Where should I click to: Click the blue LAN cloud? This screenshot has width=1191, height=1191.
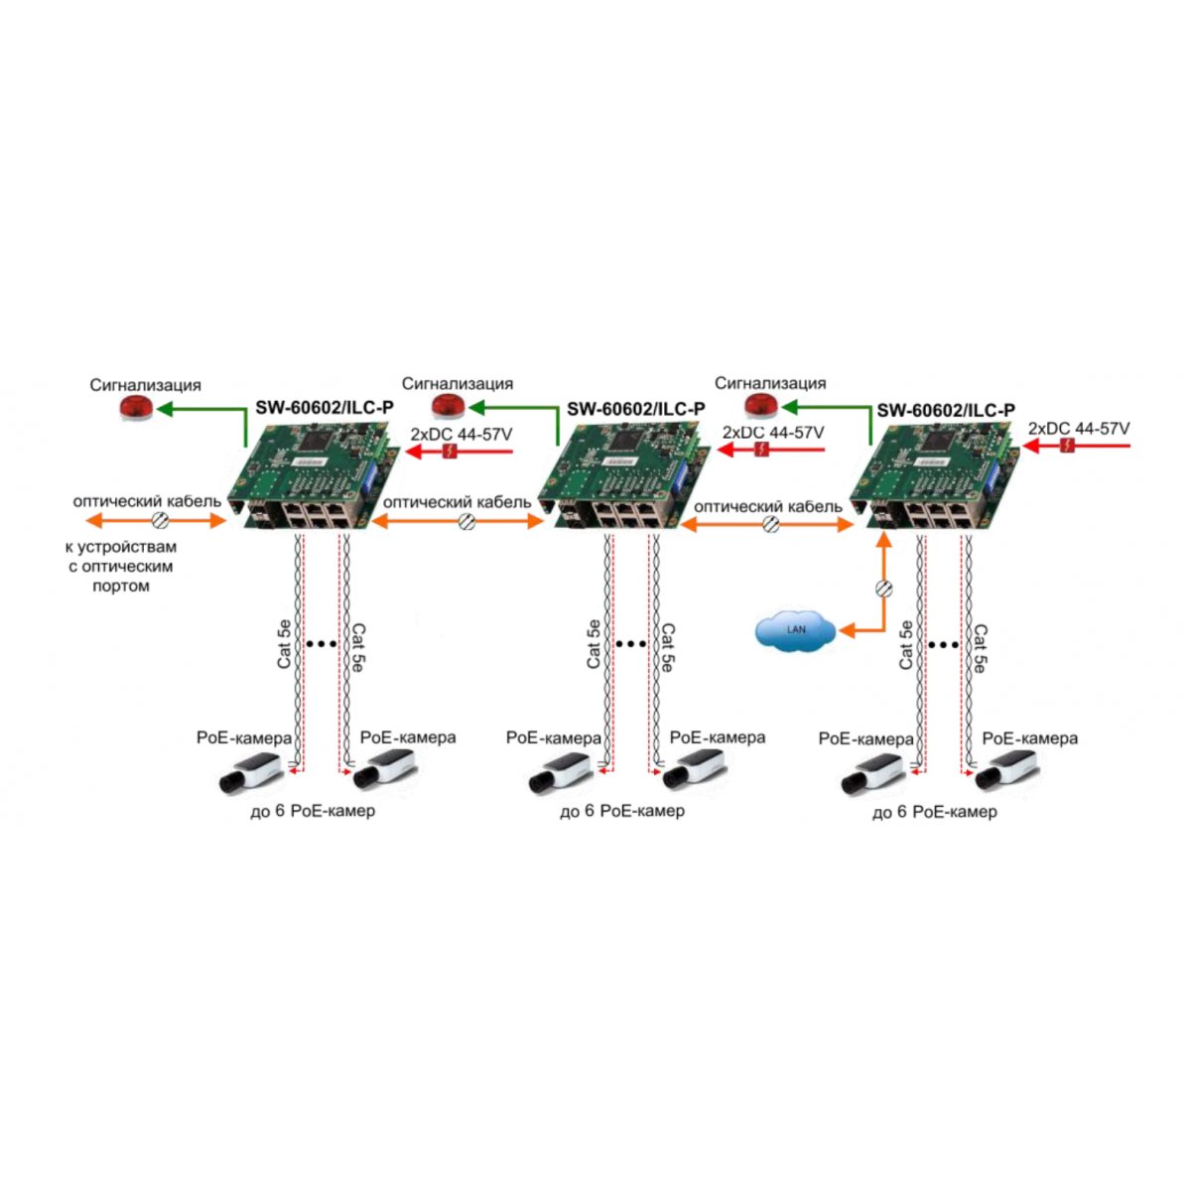coord(795,630)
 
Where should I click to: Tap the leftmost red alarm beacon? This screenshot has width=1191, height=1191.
coord(137,408)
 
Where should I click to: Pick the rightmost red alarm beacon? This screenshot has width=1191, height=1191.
coord(761,407)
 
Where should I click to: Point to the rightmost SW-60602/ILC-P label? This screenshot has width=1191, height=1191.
coord(946,410)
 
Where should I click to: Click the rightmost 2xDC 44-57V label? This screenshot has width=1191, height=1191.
coord(1079,429)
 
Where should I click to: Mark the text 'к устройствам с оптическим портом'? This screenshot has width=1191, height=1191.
coord(121,566)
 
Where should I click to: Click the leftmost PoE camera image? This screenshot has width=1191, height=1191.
coord(253,771)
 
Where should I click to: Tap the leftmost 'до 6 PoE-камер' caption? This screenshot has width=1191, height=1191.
coord(313,811)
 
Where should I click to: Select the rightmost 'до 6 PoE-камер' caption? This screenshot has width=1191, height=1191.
coord(935,812)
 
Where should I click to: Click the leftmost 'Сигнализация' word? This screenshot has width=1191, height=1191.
coord(146,385)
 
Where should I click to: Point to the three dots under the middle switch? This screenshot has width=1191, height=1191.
coord(630,645)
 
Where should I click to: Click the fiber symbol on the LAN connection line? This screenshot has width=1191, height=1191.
coord(885,589)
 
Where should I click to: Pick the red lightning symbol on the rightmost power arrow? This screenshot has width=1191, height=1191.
coord(1067,445)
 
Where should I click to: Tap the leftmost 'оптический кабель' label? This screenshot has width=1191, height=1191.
coord(147,501)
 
